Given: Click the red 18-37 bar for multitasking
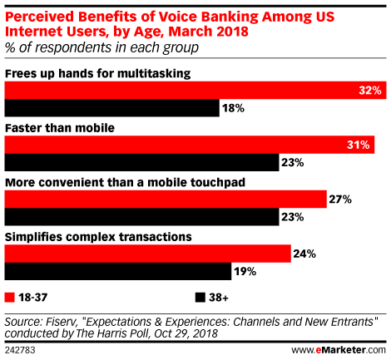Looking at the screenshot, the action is coord(195,90).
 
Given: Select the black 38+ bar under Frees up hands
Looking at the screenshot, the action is coord(112,108).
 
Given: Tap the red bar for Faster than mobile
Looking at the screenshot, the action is coord(190,145).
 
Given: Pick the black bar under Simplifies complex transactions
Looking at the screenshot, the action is coord(118,271).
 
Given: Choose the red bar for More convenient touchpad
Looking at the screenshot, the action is coord(166,199).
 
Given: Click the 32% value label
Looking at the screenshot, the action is coord(370,91).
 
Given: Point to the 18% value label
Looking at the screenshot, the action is coord(233,108).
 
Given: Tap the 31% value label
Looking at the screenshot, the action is coord(359,145).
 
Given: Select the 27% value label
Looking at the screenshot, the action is coord(340,200).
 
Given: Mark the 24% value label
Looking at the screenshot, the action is coord(304,254).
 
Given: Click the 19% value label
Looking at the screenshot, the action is coord(245,272).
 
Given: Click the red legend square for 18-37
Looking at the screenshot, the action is coord(10,298).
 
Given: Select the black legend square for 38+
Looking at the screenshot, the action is coord(200,298).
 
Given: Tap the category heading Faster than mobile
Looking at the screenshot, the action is coord(60,128).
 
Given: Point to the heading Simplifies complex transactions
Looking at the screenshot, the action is coord(98,237).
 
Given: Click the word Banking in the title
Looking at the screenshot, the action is coord(230,17).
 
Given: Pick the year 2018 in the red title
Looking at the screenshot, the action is coord(232,32).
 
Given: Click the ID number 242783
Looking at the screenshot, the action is coord(20,350).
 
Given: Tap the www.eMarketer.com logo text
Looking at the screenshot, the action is coord(339,350).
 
